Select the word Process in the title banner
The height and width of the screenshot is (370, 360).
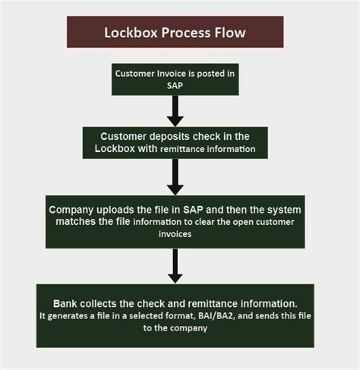click(x=185, y=33)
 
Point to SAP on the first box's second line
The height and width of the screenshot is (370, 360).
click(x=175, y=86)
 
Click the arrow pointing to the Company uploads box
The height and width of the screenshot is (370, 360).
click(x=175, y=177)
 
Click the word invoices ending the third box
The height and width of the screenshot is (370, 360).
click(x=175, y=235)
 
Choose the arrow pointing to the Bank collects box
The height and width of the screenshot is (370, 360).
click(x=175, y=266)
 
